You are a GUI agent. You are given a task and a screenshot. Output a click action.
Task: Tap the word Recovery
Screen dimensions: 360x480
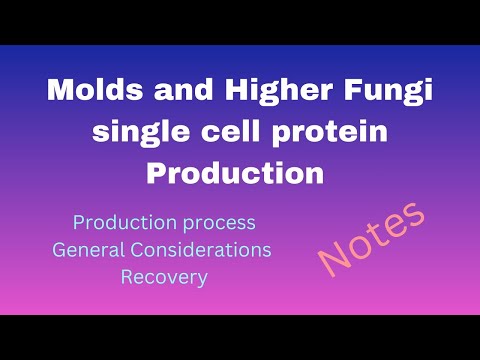coord(164,276)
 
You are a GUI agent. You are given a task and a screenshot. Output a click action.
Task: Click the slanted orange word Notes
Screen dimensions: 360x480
coord(373,239)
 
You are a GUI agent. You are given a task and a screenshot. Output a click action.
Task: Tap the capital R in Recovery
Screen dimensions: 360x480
coord(127,276)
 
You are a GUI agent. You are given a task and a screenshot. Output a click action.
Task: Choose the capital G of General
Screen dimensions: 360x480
coord(60,248)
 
